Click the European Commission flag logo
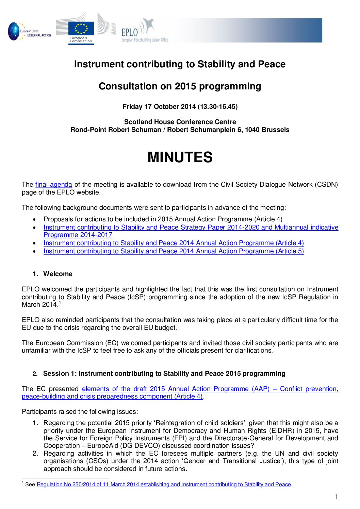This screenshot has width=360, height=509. point(81,29)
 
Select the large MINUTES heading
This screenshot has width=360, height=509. point(180,157)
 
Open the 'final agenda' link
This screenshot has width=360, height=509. point(54,185)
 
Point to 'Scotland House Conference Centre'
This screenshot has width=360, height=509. point(180,122)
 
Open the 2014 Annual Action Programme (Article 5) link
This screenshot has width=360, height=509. point(174,251)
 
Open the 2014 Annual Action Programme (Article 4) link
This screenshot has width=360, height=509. point(174,243)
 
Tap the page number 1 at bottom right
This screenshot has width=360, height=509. point(337,497)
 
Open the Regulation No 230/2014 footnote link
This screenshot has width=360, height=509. point(164,485)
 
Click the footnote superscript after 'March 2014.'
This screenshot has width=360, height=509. point(60,303)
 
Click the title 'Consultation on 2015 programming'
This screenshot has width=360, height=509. point(180,86)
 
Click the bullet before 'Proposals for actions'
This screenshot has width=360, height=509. point(35,220)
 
